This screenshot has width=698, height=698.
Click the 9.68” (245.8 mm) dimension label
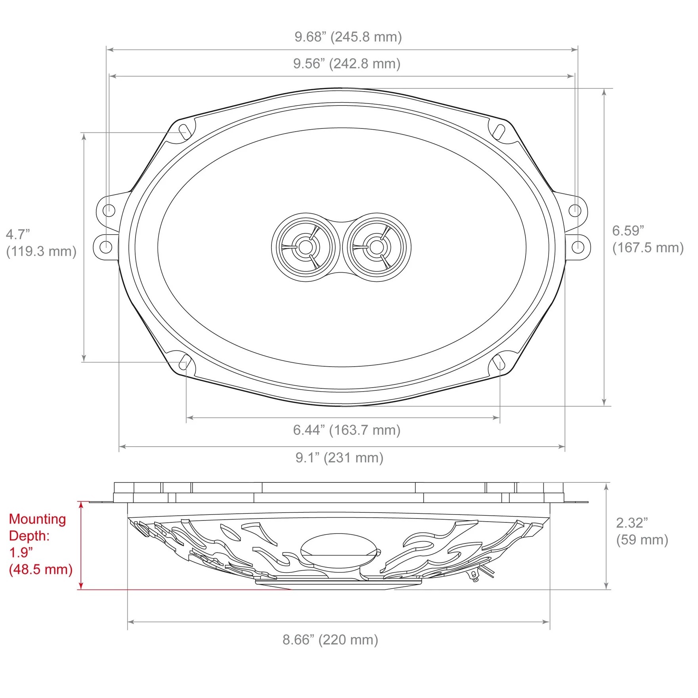348,37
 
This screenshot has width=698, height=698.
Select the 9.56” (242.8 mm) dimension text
347,63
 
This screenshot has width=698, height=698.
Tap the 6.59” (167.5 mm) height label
648,239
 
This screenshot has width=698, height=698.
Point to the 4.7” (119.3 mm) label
41,243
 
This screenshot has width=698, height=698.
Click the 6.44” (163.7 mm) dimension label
347,430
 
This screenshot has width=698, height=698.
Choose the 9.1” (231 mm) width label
339,458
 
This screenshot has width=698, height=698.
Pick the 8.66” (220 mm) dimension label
330,640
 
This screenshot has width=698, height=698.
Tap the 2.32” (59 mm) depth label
642,531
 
